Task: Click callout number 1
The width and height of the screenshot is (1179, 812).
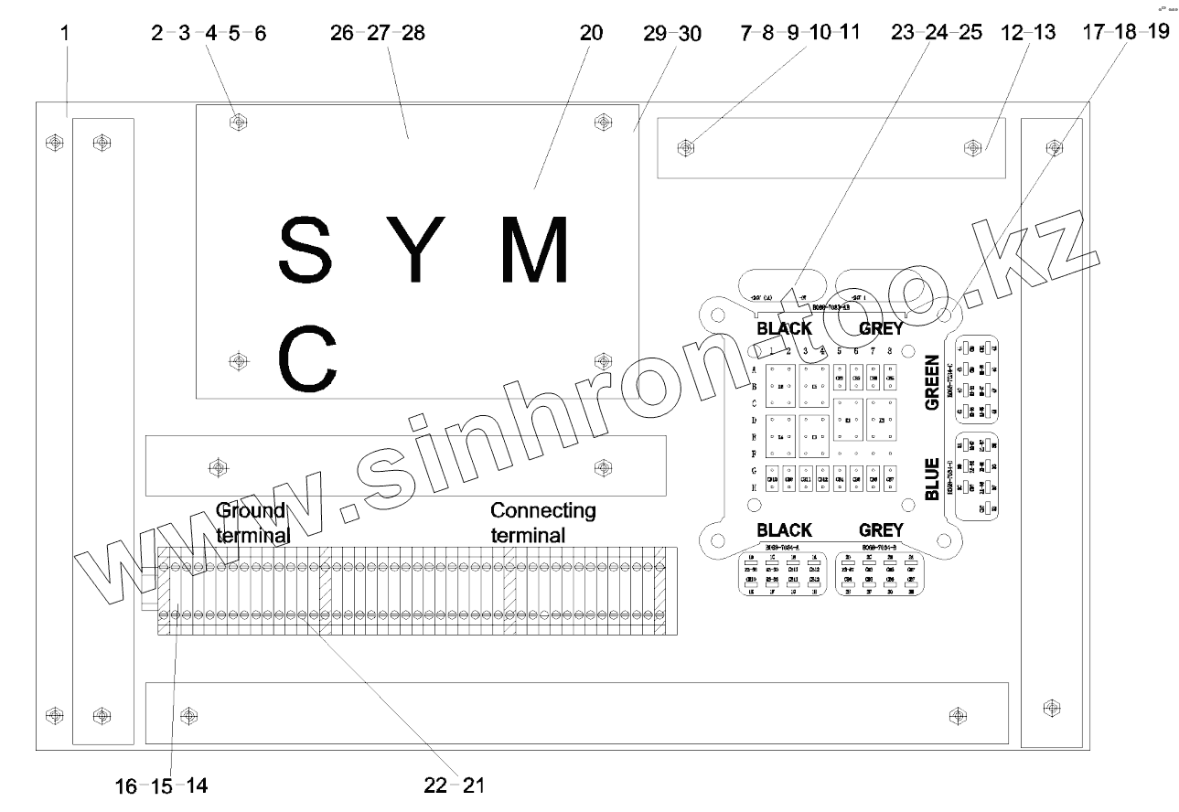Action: [x=65, y=34]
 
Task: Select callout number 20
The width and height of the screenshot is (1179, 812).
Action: [x=592, y=34]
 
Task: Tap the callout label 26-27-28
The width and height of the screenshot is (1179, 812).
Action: [x=379, y=34]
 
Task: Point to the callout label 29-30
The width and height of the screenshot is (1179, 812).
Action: [x=672, y=34]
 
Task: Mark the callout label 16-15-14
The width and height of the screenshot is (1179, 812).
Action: [x=161, y=785]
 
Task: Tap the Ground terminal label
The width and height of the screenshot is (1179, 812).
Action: [x=252, y=521]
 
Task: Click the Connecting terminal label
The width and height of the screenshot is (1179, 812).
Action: [x=542, y=521]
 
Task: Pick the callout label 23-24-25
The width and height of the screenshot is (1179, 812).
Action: [x=937, y=34]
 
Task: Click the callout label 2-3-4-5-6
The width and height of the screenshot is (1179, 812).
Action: [x=209, y=34]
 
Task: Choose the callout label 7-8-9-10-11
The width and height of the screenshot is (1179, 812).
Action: [x=800, y=34]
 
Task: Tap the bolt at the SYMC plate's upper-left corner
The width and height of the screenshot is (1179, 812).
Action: [x=238, y=121]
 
